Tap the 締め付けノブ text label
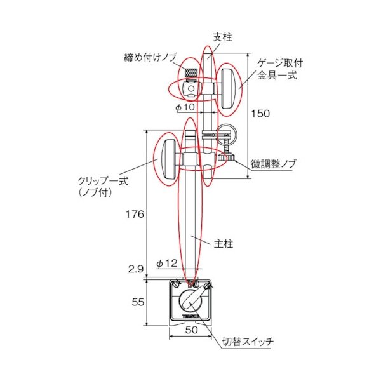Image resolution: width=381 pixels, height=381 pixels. [x=150, y=58]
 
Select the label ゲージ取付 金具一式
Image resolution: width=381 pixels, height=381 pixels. [x=277, y=70]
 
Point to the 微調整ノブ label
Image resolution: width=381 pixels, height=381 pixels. [x=272, y=164]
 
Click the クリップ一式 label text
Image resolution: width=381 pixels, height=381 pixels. [x=102, y=186]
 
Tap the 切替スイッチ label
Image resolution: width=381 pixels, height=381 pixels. [x=248, y=342]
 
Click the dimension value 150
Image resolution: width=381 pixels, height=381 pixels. [x=260, y=114]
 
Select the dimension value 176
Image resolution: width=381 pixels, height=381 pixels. [x=134, y=215]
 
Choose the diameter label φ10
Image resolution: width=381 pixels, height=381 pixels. [x=185, y=107]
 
